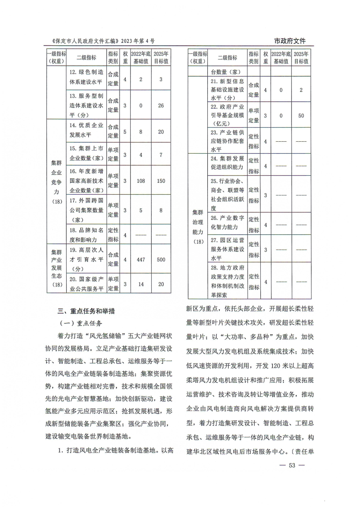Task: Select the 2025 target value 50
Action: click(301, 115)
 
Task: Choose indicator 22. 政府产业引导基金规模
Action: click(228, 115)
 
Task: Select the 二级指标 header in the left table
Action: click(86, 57)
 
